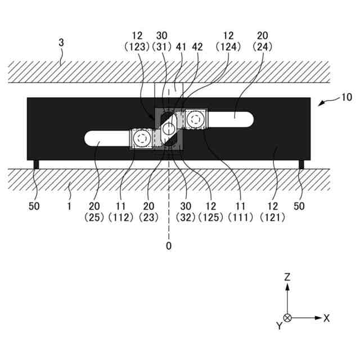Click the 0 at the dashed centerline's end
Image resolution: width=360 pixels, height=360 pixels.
click(x=168, y=246)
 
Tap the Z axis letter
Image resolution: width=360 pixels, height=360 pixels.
click(x=287, y=277)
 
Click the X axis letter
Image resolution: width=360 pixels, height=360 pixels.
click(x=326, y=318)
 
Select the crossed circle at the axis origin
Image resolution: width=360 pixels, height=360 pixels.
click(x=287, y=318)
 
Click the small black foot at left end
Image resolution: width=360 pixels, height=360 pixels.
click(x=37, y=164)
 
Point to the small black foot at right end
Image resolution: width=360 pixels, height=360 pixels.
click(x=301, y=164)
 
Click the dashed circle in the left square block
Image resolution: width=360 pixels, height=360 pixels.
click(x=142, y=138)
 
